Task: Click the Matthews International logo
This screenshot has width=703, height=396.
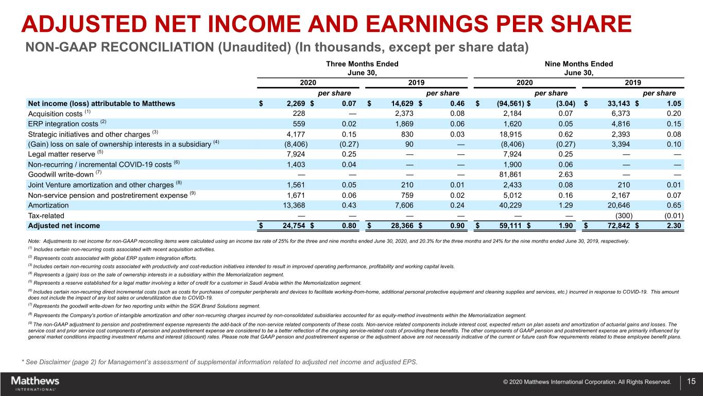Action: [35, 383]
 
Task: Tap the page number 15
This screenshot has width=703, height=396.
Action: [691, 382]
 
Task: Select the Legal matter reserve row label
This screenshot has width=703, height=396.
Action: [60, 154]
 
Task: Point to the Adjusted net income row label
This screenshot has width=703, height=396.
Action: [64, 225]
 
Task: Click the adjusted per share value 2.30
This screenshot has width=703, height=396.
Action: [673, 225]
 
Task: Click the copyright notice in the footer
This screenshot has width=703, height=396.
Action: [587, 382]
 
